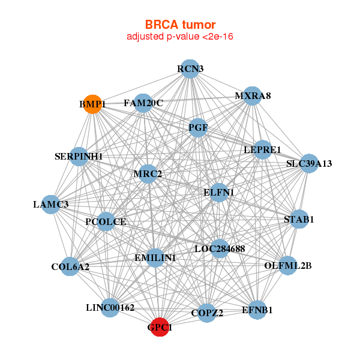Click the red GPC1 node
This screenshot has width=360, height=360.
(160, 328)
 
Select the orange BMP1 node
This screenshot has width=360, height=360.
(92, 104)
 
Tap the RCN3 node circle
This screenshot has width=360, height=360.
(190, 68)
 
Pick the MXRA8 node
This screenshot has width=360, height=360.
(253, 95)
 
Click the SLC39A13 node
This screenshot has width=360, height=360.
(308, 163)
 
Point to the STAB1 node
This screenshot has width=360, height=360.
(298, 219)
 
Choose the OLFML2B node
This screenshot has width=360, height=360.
(288, 265)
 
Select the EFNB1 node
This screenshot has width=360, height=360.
(257, 310)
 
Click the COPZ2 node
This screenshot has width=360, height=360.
(207, 313)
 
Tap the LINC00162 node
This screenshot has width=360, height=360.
(110, 308)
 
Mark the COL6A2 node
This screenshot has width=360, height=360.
(70, 266)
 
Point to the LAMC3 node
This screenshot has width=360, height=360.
(51, 205)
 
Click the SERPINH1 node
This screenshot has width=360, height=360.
(79, 157)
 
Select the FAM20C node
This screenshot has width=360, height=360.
(143, 103)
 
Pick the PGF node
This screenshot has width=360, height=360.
(198, 127)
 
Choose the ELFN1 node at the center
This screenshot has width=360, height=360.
(219, 193)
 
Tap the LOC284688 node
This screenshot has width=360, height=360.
(220, 248)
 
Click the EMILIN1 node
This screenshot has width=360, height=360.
(155, 258)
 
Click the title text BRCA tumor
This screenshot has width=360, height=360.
(180, 25)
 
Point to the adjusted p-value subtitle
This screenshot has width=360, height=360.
(180, 37)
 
